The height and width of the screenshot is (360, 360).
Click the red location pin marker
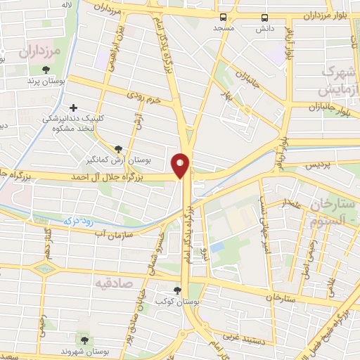click(181, 165)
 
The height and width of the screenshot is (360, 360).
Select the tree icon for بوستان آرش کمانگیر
click(117, 148)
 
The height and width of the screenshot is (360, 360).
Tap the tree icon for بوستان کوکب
click(178, 290)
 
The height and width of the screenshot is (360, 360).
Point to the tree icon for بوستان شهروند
click(85, 340)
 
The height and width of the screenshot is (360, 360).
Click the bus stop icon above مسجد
click(223, 18)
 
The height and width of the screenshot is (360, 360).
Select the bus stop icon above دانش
click(265, 18)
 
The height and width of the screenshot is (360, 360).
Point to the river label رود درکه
click(78, 219)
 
